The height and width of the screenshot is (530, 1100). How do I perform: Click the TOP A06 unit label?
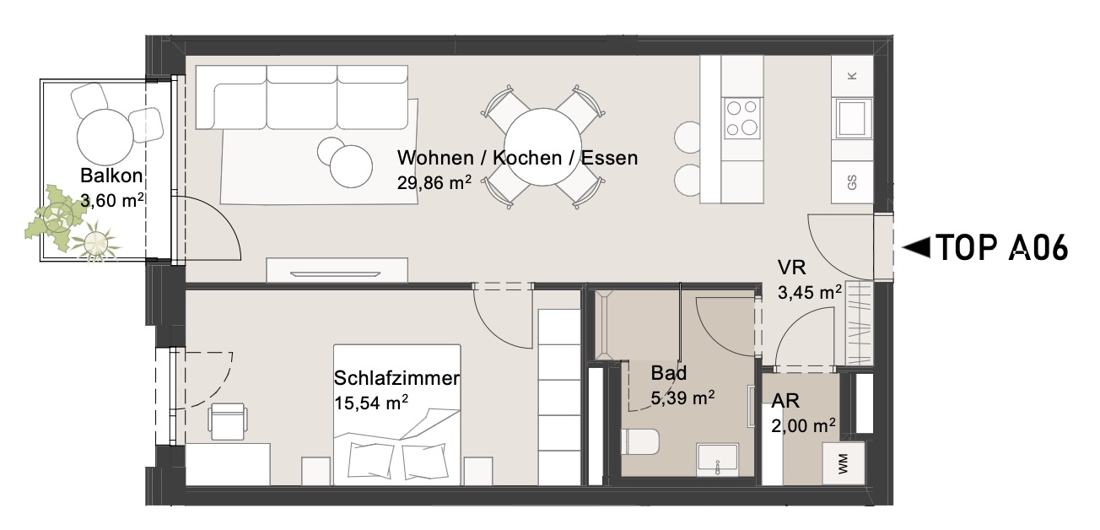(x=1003, y=247)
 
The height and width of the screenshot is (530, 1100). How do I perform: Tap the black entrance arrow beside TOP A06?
(x=916, y=247)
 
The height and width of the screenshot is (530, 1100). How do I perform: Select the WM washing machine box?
(x=844, y=463)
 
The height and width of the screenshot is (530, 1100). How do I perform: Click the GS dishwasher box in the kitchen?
(x=852, y=182)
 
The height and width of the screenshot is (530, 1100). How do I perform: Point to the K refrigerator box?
(x=852, y=76)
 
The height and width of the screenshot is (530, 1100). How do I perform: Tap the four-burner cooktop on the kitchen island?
(x=742, y=118)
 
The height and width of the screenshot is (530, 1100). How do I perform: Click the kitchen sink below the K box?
(x=852, y=118)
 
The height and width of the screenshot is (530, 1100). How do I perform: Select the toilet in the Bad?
(x=640, y=441)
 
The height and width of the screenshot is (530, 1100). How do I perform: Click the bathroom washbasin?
(x=718, y=460)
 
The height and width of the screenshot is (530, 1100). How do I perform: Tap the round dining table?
(x=542, y=147)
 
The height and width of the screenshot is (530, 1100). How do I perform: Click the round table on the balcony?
(x=105, y=137)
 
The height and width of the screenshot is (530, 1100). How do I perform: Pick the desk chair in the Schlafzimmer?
(x=228, y=421)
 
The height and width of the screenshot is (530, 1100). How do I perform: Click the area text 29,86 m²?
(x=434, y=183)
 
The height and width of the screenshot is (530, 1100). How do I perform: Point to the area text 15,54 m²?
(x=371, y=403)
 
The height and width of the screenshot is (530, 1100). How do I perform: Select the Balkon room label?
(x=111, y=176)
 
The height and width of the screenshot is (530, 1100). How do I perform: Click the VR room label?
(x=791, y=268)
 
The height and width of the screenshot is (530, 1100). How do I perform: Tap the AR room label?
(x=785, y=402)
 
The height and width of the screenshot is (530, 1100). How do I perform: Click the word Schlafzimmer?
(x=396, y=378)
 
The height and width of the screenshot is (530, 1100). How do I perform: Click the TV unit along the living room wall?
(x=337, y=270)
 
